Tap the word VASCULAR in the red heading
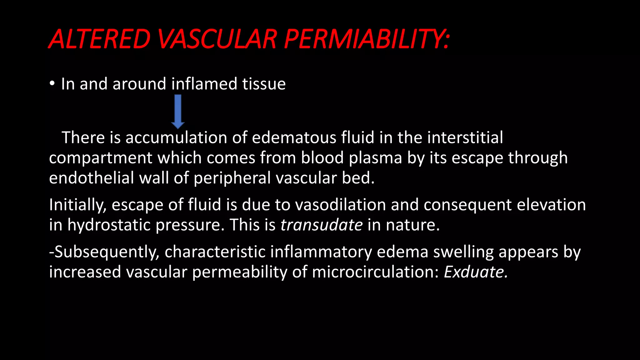coord(217,39)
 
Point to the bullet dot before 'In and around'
coord(52,83)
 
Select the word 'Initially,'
coord(78,205)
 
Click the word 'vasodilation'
coord(340,205)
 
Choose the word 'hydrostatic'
coord(109,225)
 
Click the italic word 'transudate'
coord(321,225)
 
